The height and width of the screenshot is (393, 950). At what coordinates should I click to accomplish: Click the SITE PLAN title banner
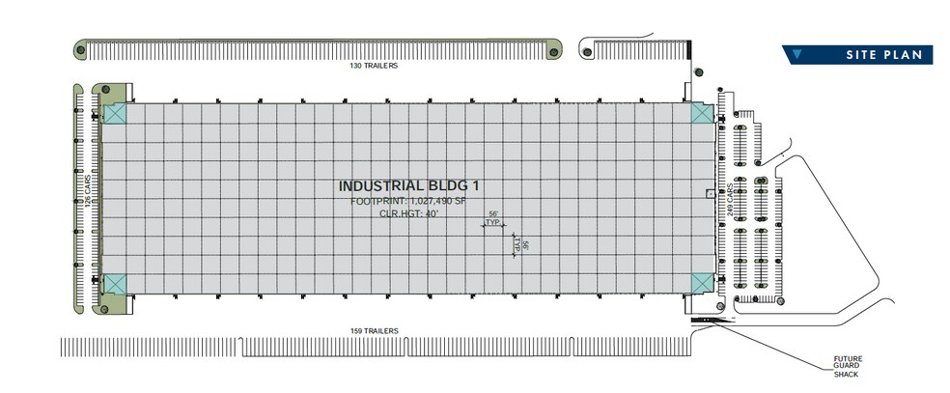tap(856, 54)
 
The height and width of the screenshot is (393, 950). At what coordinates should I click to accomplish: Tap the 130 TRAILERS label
tap(374, 66)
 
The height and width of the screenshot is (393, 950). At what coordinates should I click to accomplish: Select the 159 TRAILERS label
tap(375, 330)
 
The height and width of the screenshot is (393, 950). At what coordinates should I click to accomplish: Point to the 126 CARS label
tap(88, 191)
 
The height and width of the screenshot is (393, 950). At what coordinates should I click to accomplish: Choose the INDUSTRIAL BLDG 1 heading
tap(412, 186)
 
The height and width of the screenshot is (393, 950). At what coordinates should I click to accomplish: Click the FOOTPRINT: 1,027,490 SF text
tap(409, 201)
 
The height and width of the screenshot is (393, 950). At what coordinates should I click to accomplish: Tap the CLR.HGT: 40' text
tap(408, 213)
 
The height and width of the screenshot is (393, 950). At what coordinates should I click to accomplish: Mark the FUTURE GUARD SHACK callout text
tap(847, 366)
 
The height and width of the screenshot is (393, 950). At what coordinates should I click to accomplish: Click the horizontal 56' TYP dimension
tap(493, 219)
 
